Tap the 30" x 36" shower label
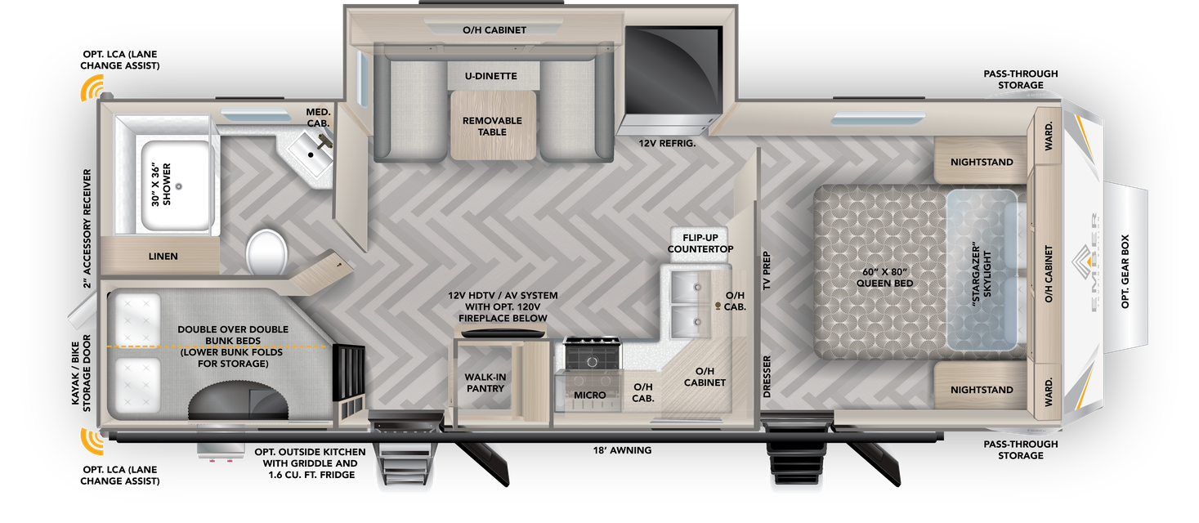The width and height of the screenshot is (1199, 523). (167, 183)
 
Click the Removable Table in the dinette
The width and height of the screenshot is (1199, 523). (493, 126)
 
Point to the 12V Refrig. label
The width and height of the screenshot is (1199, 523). (667, 143)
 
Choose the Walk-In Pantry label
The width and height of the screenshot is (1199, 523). (485, 382)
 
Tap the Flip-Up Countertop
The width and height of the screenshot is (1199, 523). (700, 243)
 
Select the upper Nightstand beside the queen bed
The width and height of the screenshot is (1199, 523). (982, 162)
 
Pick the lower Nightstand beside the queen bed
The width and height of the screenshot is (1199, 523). (982, 390)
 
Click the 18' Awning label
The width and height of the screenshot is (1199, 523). (622, 449)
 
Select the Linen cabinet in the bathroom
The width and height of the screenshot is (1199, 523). (163, 257)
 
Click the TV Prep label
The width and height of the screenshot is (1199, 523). (767, 270)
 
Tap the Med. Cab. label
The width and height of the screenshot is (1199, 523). (318, 117)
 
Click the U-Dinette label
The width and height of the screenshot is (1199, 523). (490, 76)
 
